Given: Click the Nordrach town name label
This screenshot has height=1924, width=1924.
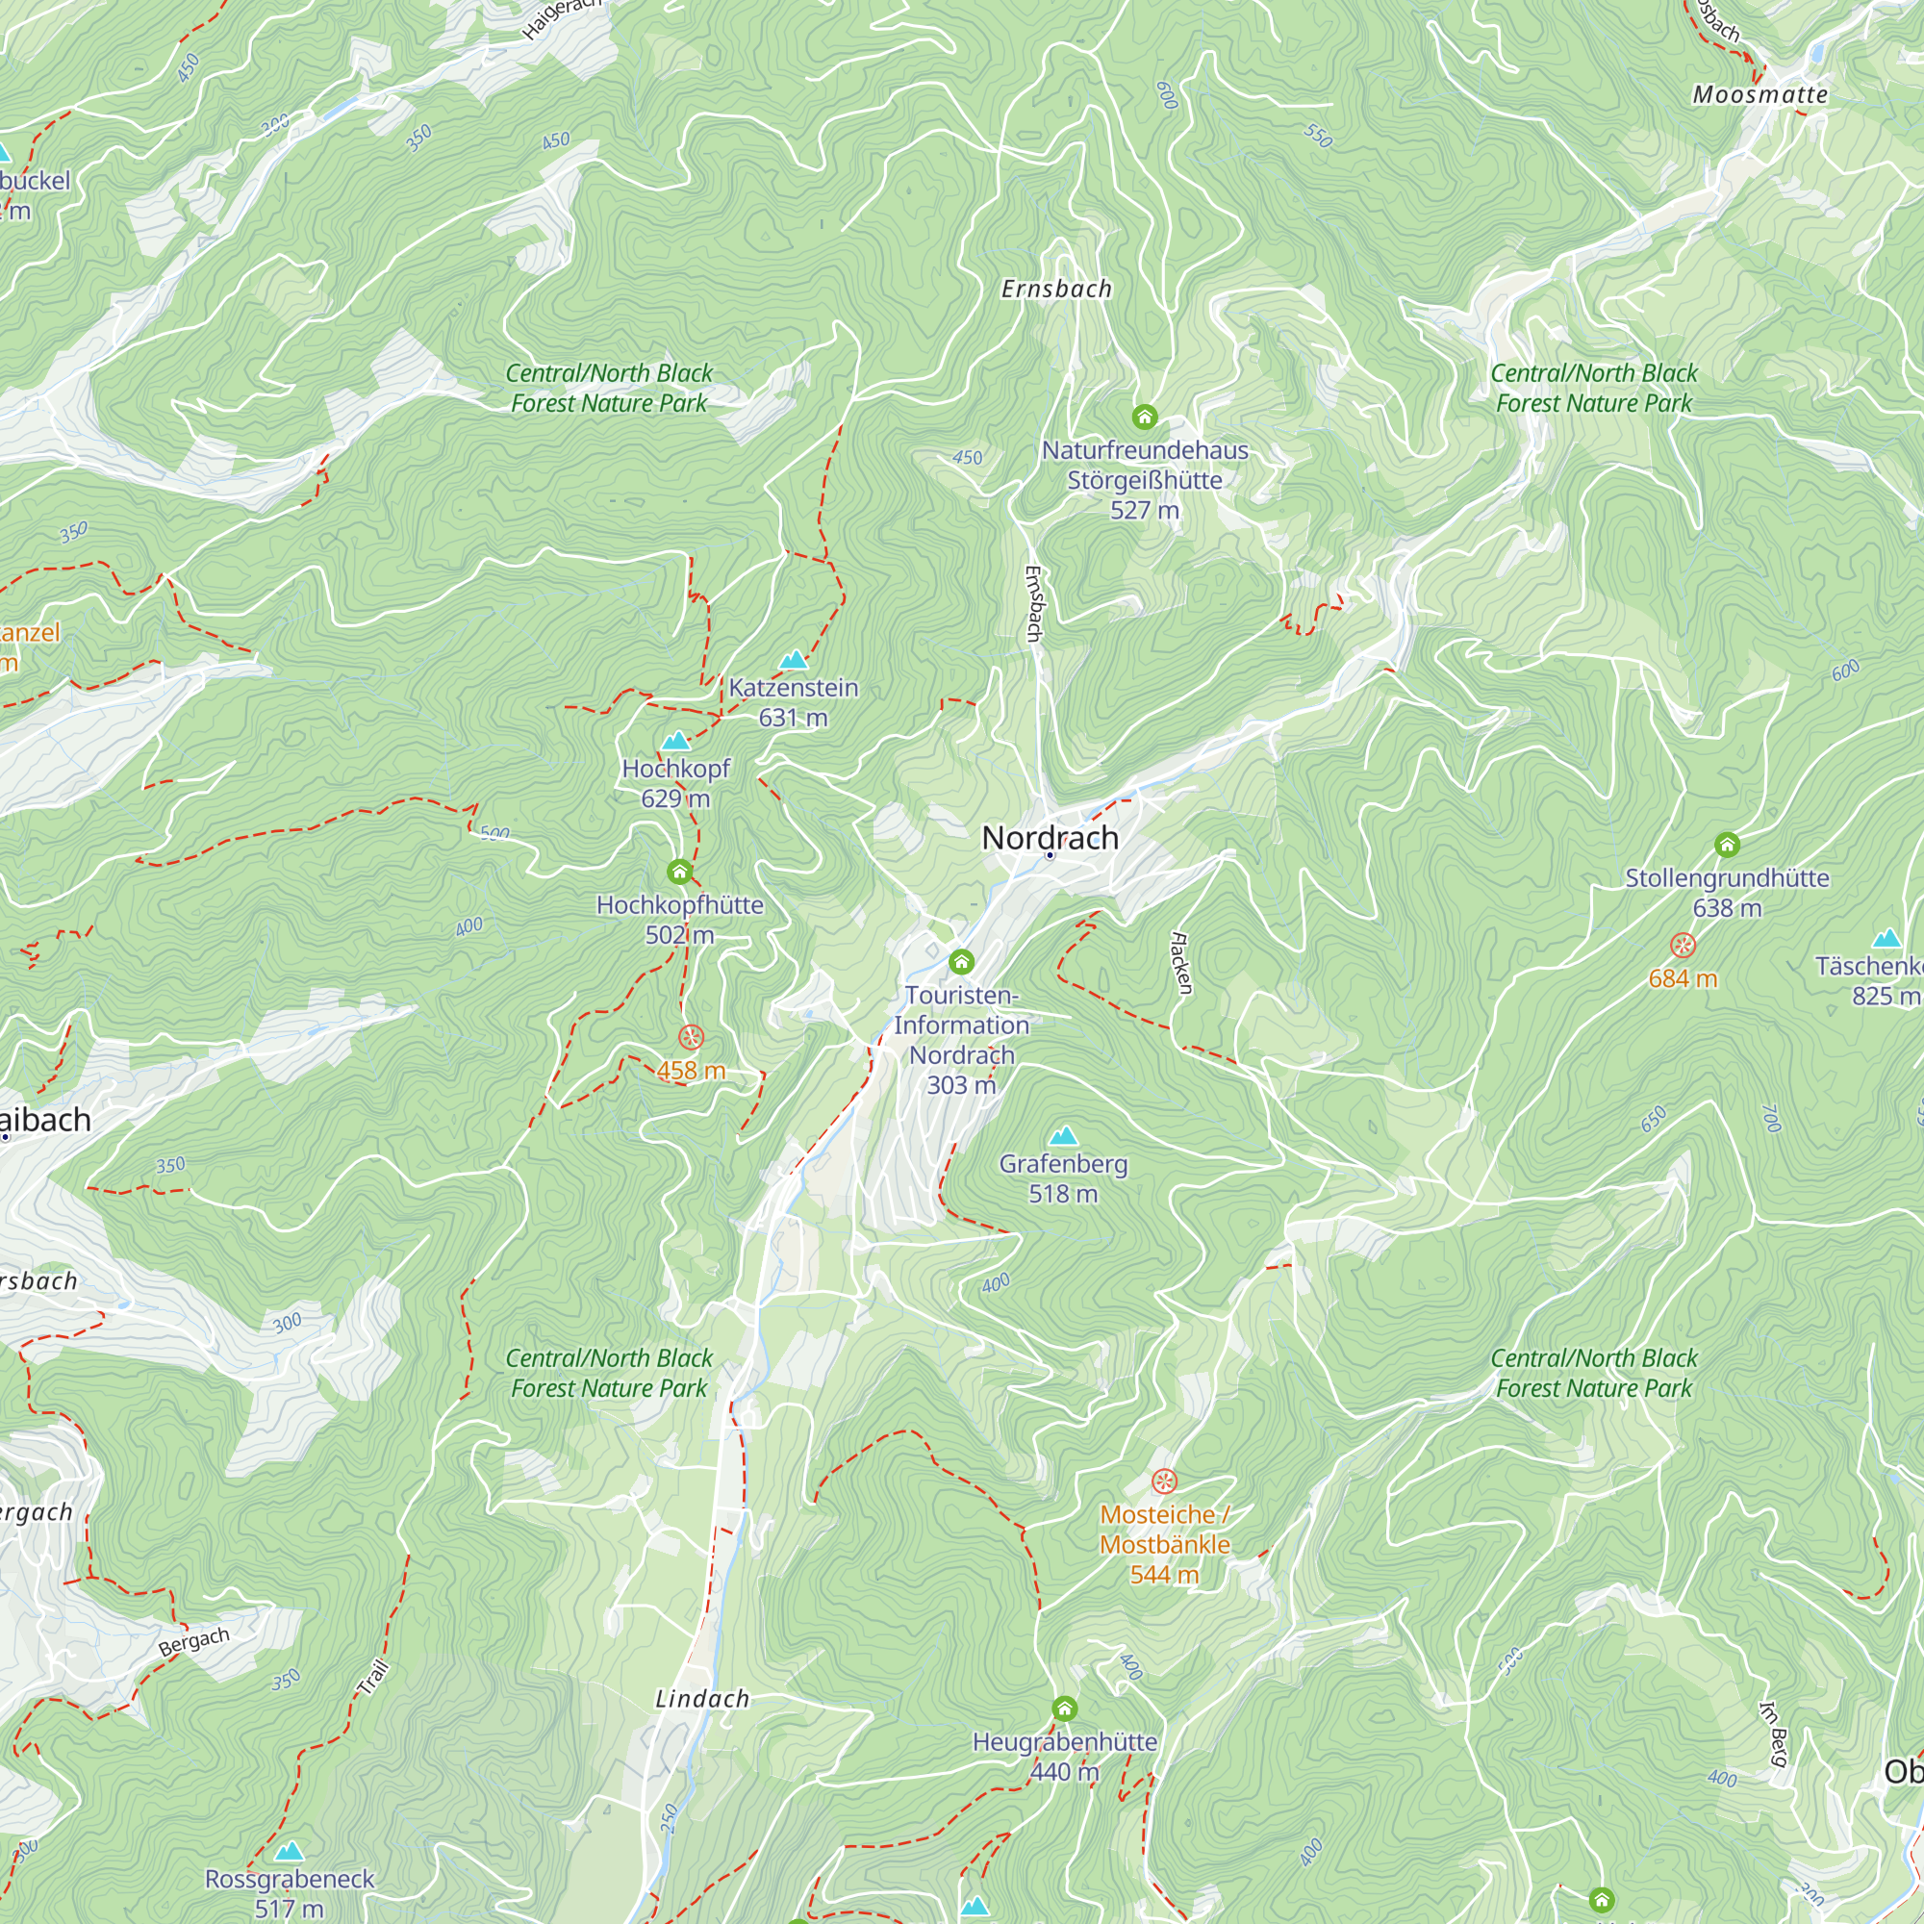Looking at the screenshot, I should click(x=1050, y=838).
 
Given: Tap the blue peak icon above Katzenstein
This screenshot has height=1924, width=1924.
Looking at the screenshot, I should click(x=793, y=659).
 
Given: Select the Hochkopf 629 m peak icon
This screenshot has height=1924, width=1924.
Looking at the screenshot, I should click(x=676, y=740).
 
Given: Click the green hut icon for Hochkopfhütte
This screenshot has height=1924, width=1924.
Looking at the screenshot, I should click(x=679, y=873).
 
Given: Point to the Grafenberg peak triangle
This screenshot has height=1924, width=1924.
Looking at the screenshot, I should click(x=1064, y=1135).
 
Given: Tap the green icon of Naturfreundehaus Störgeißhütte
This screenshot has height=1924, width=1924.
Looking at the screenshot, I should click(x=1144, y=417).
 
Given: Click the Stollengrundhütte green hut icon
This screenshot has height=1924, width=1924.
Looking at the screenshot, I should click(x=1727, y=845).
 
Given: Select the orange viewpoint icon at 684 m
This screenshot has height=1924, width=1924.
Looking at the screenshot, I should click(x=1682, y=945).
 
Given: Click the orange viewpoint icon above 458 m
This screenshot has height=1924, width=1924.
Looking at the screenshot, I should click(x=690, y=1038).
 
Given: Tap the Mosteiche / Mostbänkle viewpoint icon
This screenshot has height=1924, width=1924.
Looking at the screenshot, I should click(x=1164, y=1481).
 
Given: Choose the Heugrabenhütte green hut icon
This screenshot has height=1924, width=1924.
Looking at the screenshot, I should click(x=1064, y=1709).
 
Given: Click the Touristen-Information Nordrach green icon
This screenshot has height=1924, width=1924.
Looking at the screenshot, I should click(x=961, y=961).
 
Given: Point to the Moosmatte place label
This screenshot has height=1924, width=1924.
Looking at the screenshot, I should click(x=1759, y=94).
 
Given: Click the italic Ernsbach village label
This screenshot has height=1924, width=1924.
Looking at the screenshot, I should click(x=1055, y=289).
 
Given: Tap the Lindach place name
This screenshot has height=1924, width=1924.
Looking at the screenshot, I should click(x=702, y=1699).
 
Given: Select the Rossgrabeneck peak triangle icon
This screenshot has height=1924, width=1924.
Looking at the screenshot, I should click(x=289, y=1850).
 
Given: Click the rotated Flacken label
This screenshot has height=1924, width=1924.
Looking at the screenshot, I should click(x=1181, y=962).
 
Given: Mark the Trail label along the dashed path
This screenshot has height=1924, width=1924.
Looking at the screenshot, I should click(x=373, y=1678).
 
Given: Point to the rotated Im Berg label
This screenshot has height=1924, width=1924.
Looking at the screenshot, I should click(x=1774, y=1734).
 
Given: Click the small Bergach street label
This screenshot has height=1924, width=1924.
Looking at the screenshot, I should click(x=194, y=1641).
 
